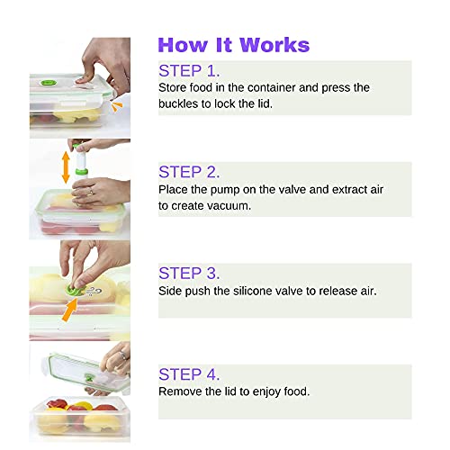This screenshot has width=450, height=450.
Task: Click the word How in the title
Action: click(182, 45)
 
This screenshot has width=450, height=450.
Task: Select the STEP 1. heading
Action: click(189, 70)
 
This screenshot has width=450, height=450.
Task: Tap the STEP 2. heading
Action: click(189, 171)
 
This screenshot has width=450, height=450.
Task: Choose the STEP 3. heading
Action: click(189, 273)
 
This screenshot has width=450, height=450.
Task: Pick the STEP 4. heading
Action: click(189, 373)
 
